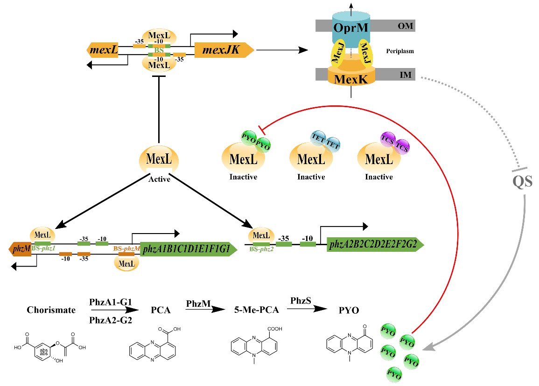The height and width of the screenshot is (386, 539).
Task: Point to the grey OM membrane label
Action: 405,26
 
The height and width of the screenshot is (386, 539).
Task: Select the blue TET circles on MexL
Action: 326,141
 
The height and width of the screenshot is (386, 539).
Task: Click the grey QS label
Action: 522,181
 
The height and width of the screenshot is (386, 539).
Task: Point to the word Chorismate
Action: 51,310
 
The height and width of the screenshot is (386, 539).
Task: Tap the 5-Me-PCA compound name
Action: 250,310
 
